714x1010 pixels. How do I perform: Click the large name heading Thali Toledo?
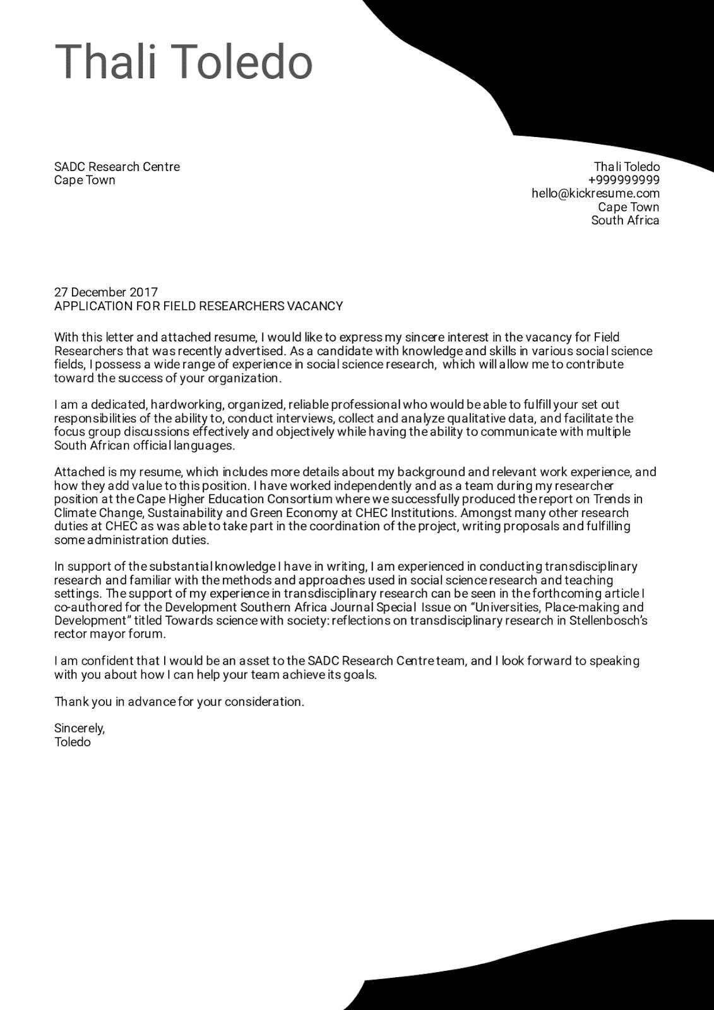coord(184,62)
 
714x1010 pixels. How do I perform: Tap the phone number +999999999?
coord(623,181)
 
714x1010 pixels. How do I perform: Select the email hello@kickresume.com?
coord(595,194)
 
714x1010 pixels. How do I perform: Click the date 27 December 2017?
coord(106,292)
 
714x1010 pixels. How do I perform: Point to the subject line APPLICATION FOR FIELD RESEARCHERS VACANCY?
coord(198,306)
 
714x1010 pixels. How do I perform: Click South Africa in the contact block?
coord(625,220)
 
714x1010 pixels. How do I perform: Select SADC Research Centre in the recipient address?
coord(117,167)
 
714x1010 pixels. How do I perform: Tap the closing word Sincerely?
coord(80,728)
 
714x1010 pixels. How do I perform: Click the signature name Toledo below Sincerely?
coord(73,742)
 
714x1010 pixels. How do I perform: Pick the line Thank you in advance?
coord(179,701)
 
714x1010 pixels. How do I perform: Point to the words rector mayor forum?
coord(110,634)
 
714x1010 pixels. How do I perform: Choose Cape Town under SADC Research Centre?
coord(85,181)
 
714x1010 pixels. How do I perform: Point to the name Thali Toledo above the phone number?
coord(626,167)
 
